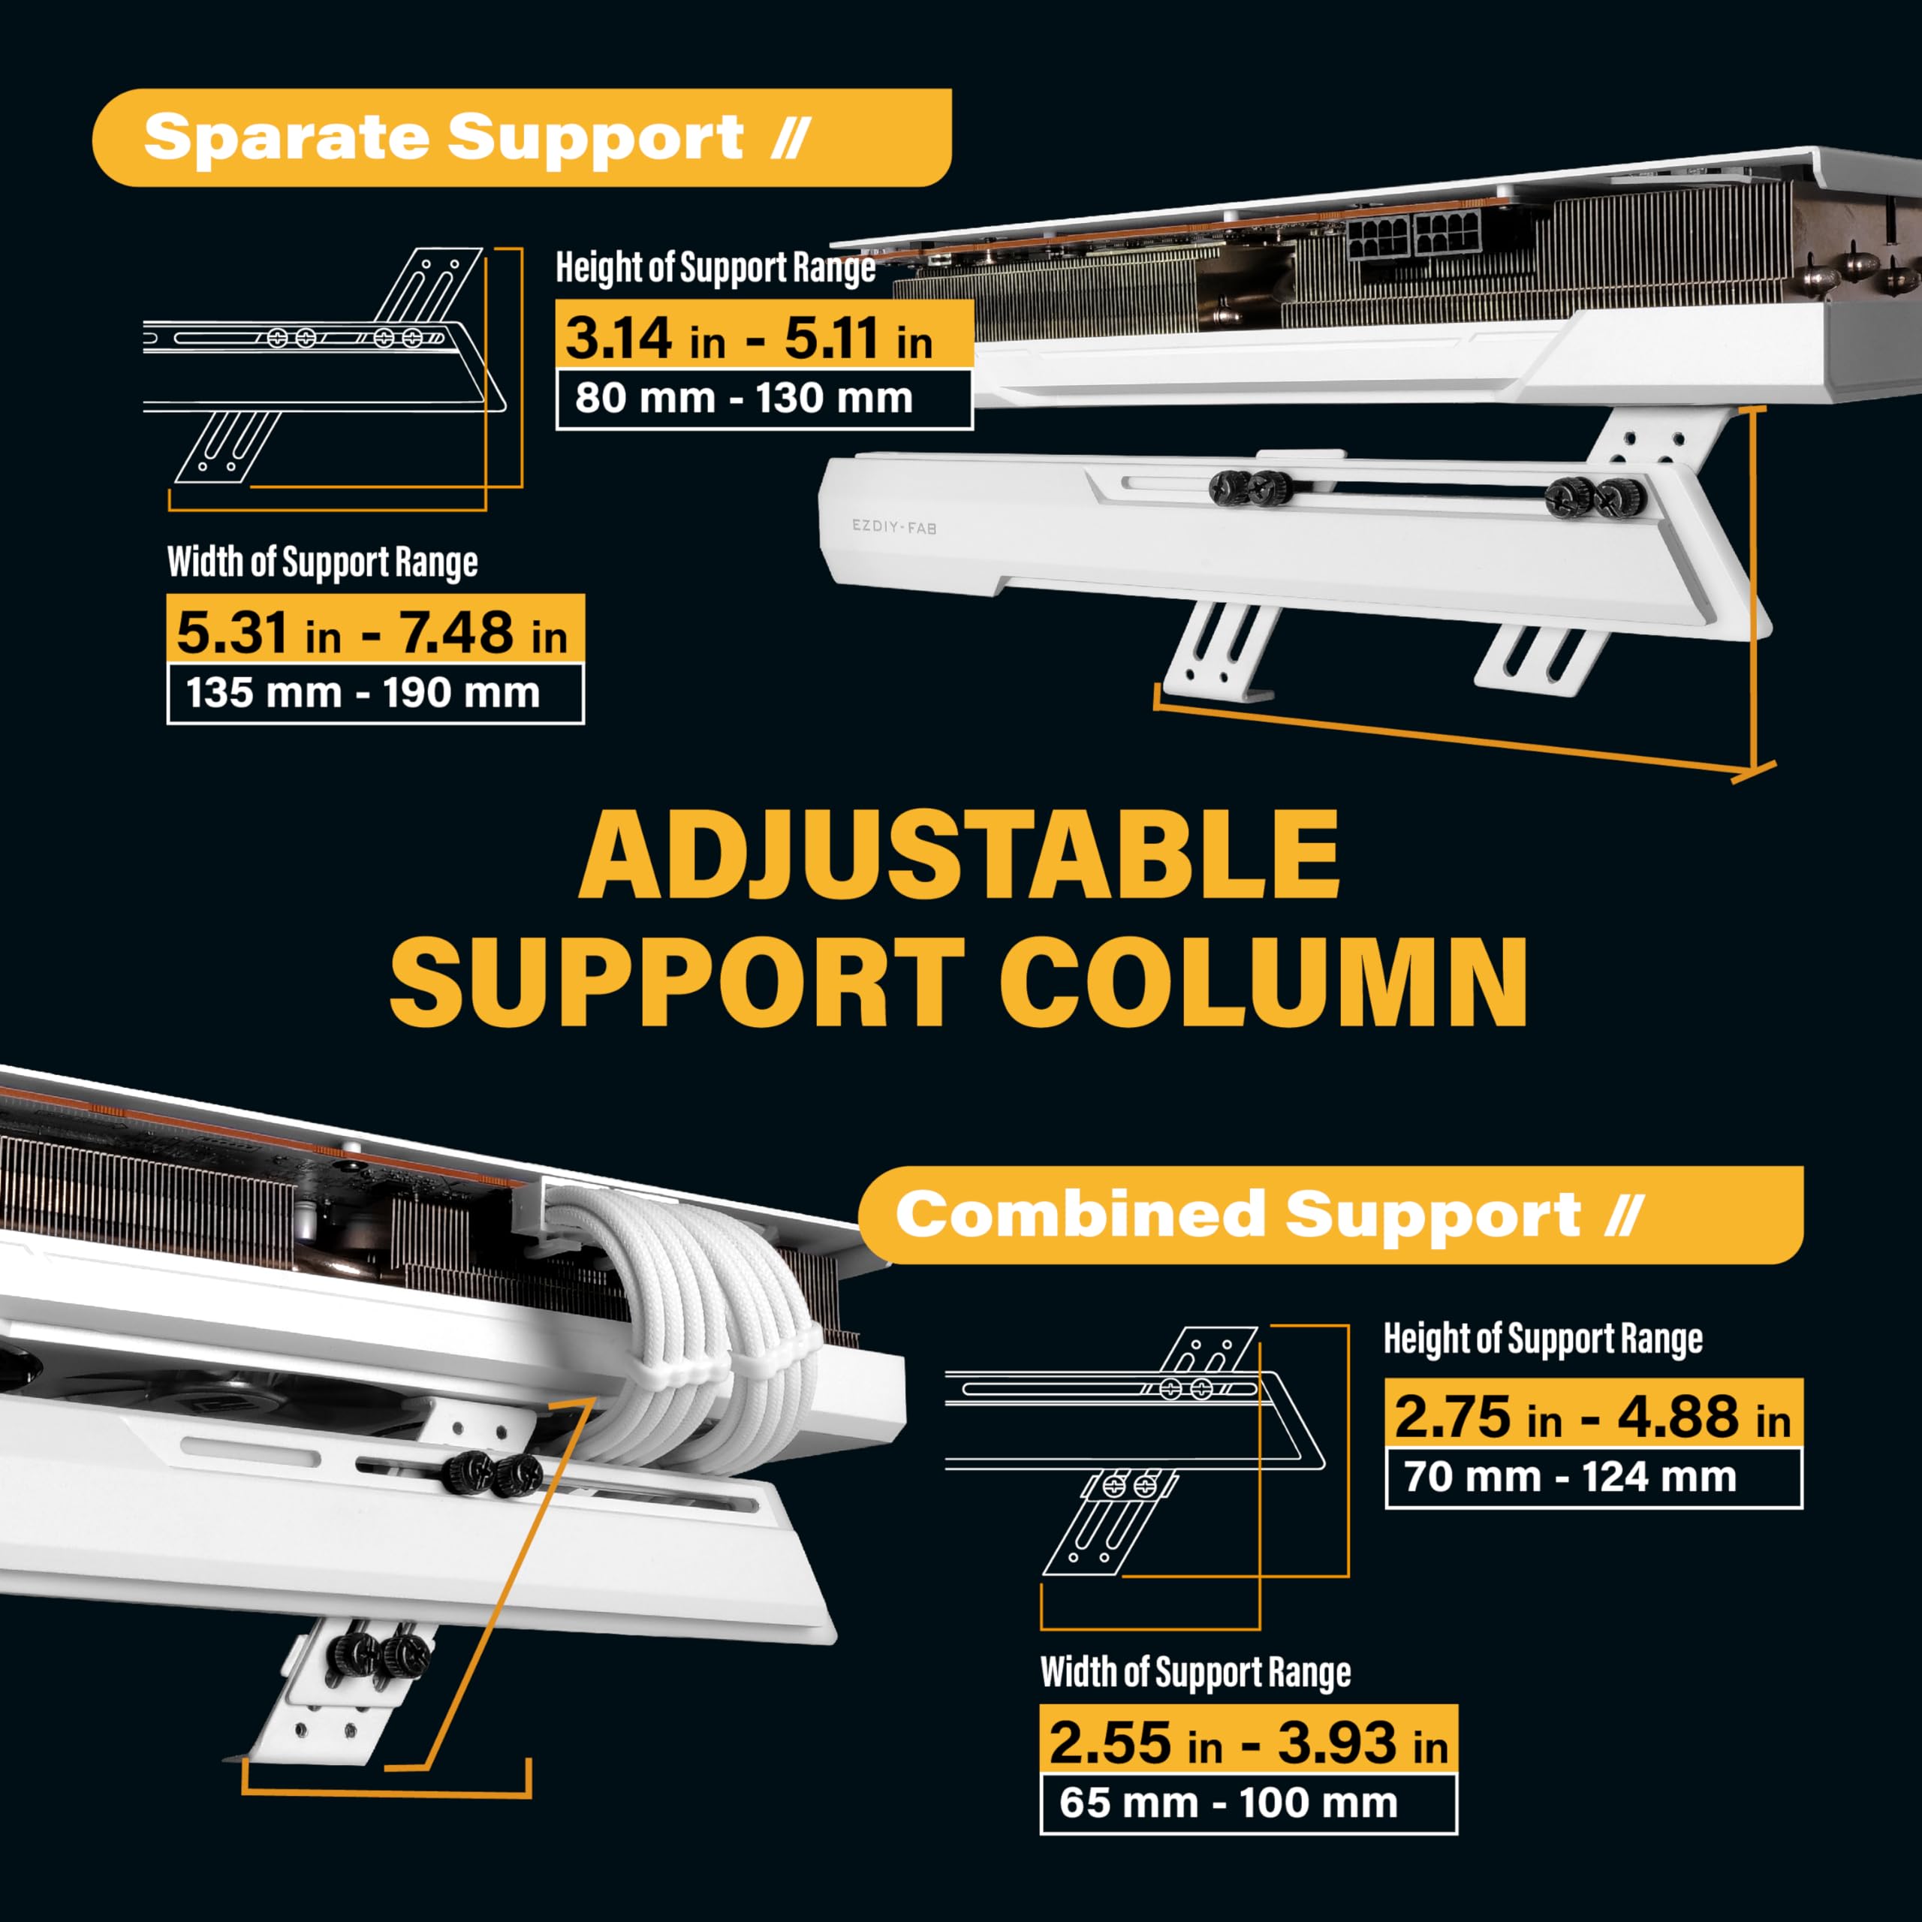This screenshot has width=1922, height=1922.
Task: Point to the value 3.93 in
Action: click(x=1362, y=1743)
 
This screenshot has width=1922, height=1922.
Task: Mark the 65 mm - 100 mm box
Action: click(x=1248, y=1803)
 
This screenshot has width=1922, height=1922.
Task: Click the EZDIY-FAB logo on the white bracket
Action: click(x=893, y=526)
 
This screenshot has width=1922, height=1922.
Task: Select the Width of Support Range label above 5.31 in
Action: click(x=322, y=562)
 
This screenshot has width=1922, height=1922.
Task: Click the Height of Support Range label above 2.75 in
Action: click(x=1543, y=1339)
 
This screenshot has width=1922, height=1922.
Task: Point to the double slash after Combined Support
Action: click(x=1623, y=1216)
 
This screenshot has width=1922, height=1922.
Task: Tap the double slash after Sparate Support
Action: click(x=791, y=137)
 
